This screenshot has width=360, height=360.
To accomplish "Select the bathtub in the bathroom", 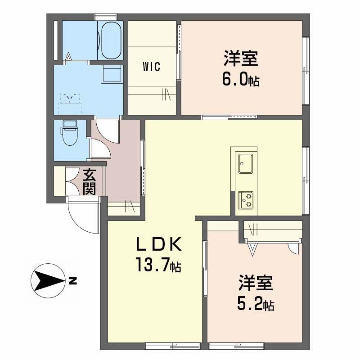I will click(111, 40).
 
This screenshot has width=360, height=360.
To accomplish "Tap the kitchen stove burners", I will click(245, 199).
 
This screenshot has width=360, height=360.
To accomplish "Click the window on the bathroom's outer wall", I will click(106, 17).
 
